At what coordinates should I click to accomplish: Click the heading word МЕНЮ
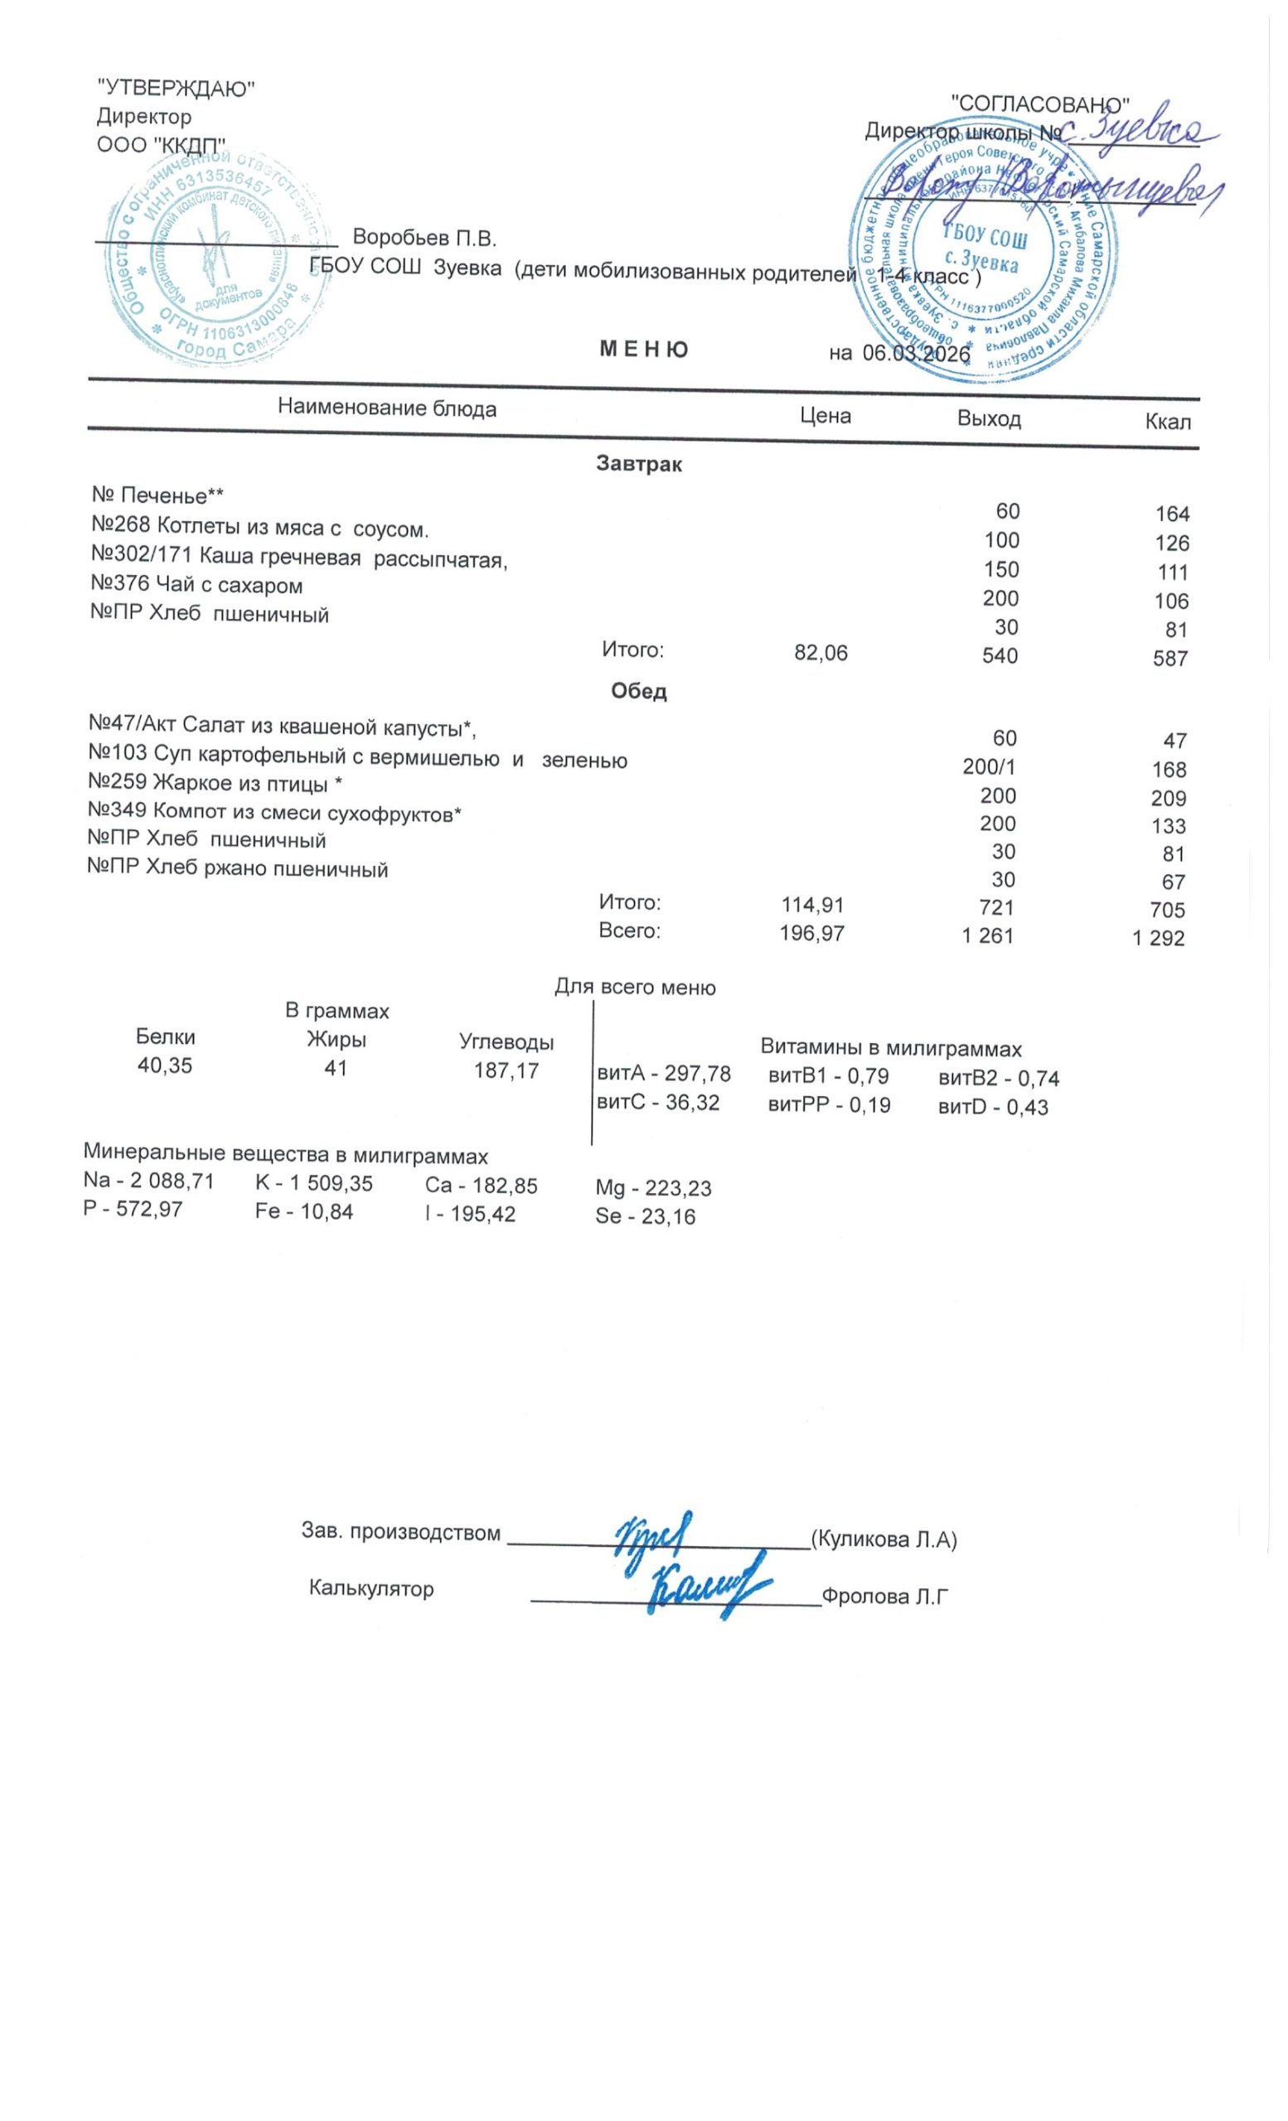click(643, 350)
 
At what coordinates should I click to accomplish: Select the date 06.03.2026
click(916, 353)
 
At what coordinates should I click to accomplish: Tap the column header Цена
click(825, 417)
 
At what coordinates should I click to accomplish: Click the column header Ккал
click(1168, 422)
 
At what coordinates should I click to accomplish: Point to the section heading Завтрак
click(639, 465)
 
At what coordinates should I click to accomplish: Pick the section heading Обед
click(639, 691)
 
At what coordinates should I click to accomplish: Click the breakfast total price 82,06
click(821, 655)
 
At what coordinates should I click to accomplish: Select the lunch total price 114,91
click(812, 906)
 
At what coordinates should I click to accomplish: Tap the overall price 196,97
click(812, 933)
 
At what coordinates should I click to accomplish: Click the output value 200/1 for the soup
click(990, 767)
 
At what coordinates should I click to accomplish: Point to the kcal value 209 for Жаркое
click(1168, 798)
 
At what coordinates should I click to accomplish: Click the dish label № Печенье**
click(157, 495)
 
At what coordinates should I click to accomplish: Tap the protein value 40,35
click(165, 1065)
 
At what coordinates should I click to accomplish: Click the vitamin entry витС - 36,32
click(659, 1103)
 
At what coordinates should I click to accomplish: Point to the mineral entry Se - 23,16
click(645, 1217)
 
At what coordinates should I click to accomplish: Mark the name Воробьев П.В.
click(424, 237)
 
